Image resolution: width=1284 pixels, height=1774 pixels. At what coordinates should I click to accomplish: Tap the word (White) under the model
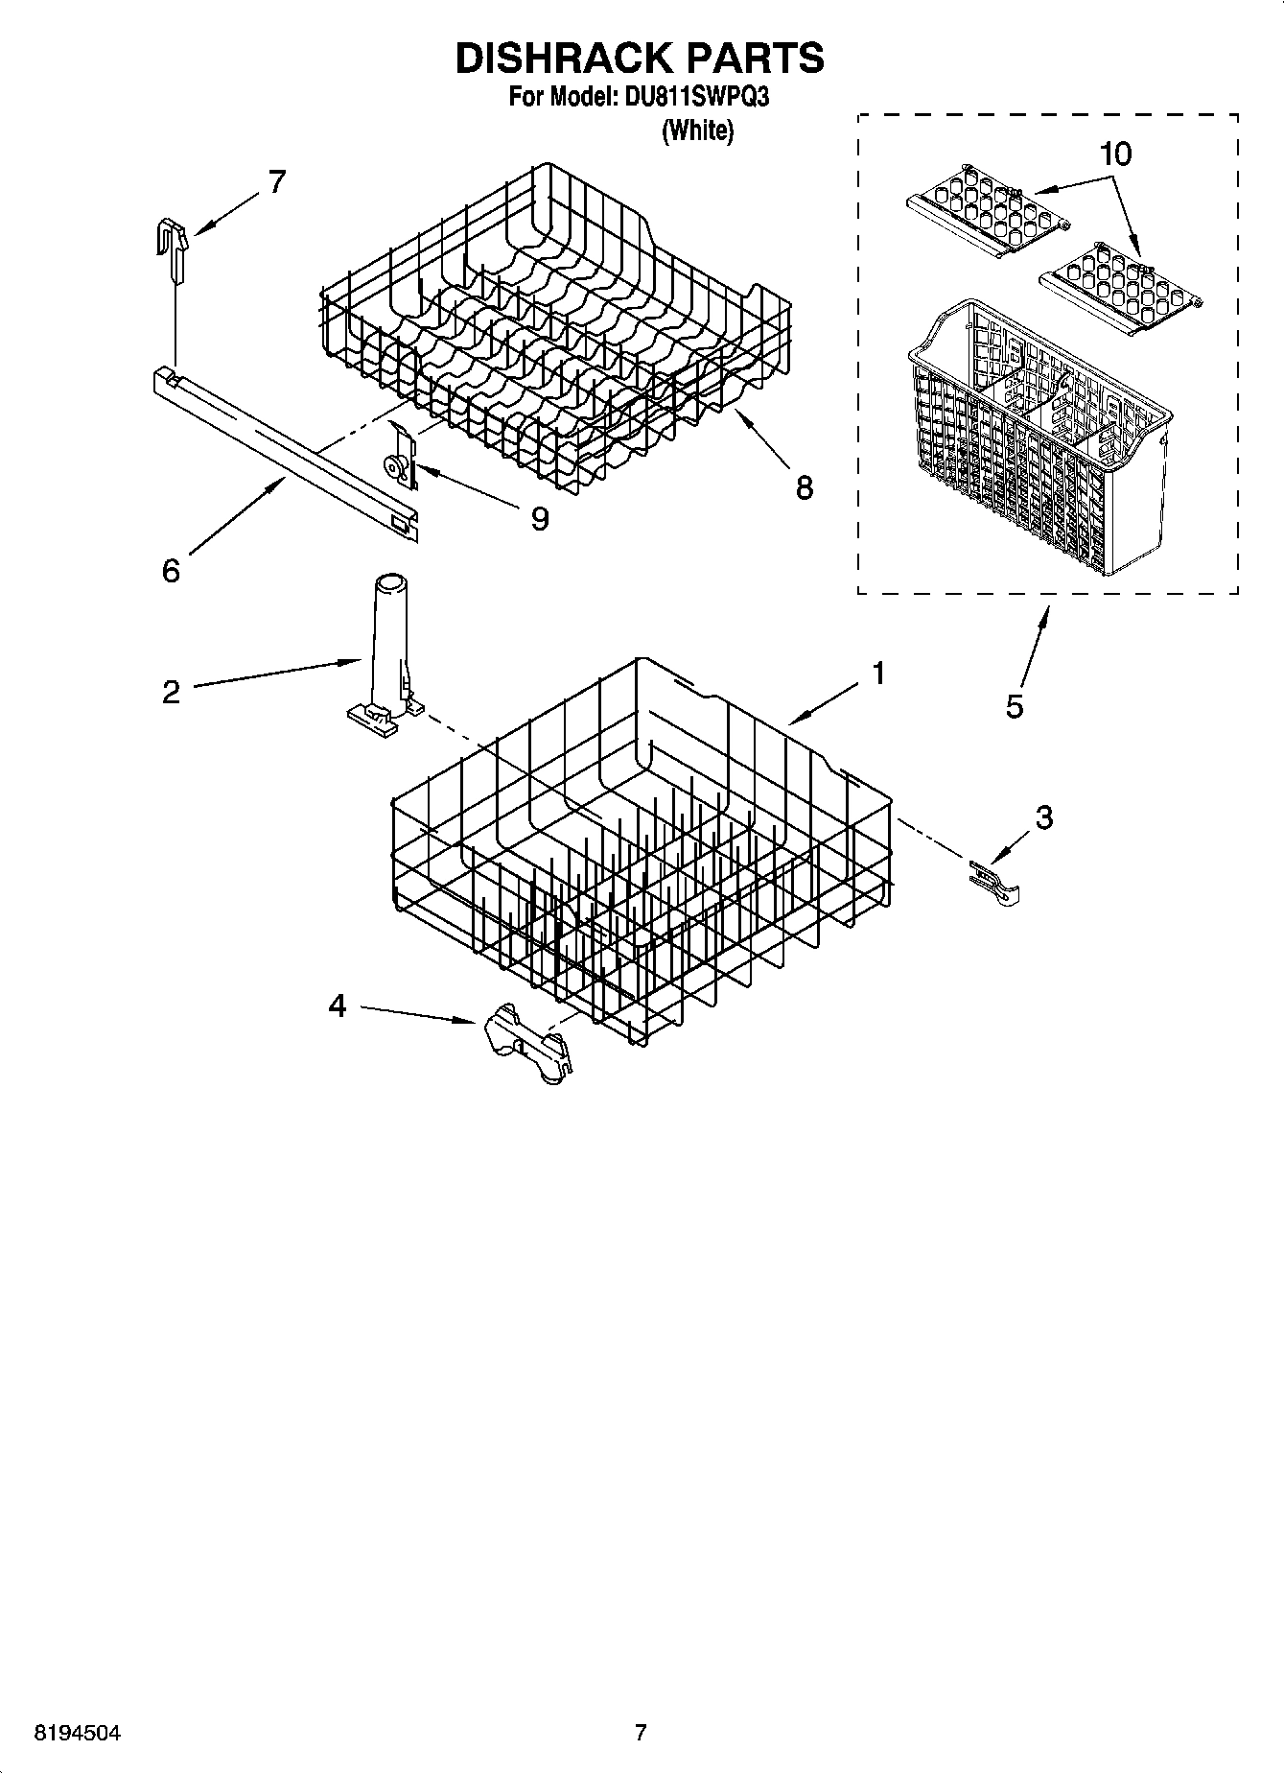point(697,130)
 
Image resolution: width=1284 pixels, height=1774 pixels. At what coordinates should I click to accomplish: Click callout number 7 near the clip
point(276,181)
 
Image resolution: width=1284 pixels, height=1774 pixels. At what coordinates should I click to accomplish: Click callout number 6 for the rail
point(171,571)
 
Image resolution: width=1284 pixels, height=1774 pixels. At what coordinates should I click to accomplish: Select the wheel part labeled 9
point(394,466)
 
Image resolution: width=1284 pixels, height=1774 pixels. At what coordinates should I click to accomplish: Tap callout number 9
point(540,519)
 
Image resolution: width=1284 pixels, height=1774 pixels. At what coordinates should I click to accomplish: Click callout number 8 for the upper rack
point(804,487)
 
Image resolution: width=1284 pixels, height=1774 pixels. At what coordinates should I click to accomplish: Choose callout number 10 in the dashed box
point(1116,154)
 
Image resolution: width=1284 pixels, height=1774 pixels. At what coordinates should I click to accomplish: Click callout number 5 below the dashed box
point(1015,707)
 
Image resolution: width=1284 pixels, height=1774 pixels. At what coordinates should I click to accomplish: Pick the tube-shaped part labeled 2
point(387,652)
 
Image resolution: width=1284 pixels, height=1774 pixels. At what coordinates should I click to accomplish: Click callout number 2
point(171,692)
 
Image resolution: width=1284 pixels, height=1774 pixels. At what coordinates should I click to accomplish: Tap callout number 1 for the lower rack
point(877,674)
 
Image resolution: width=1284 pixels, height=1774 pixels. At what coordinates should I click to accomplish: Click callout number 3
point(1043,817)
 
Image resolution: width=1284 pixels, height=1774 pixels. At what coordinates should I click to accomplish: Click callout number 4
point(337,1005)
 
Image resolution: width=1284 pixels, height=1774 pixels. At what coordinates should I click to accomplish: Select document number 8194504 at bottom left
point(78,1733)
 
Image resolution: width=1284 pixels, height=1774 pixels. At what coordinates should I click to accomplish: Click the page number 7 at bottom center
point(641,1733)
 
